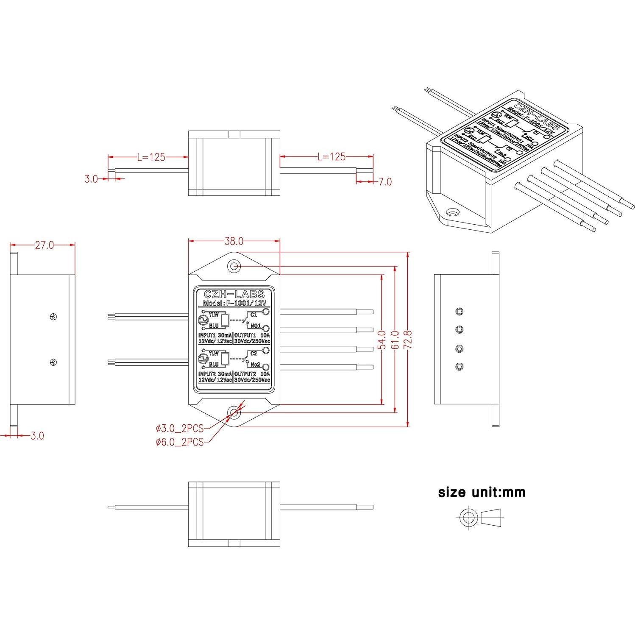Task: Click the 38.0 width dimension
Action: tap(234, 241)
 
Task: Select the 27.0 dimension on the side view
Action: tap(44, 245)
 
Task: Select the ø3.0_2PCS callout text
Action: tap(180, 427)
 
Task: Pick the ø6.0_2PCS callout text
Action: tap(180, 442)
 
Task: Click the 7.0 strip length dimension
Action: tap(385, 182)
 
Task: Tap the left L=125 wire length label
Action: tap(151, 157)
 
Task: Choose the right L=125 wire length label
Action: tap(331, 157)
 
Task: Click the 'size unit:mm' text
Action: tap(482, 493)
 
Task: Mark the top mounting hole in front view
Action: tap(234, 266)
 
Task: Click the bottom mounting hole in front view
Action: tap(234, 412)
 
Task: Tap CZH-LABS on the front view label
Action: tap(234, 294)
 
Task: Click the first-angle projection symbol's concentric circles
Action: tap(468, 517)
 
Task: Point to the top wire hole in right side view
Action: tap(459, 312)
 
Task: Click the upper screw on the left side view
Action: tap(53, 316)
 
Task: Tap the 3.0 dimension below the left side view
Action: tap(37, 436)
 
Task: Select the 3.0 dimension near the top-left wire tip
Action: tap(91, 179)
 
